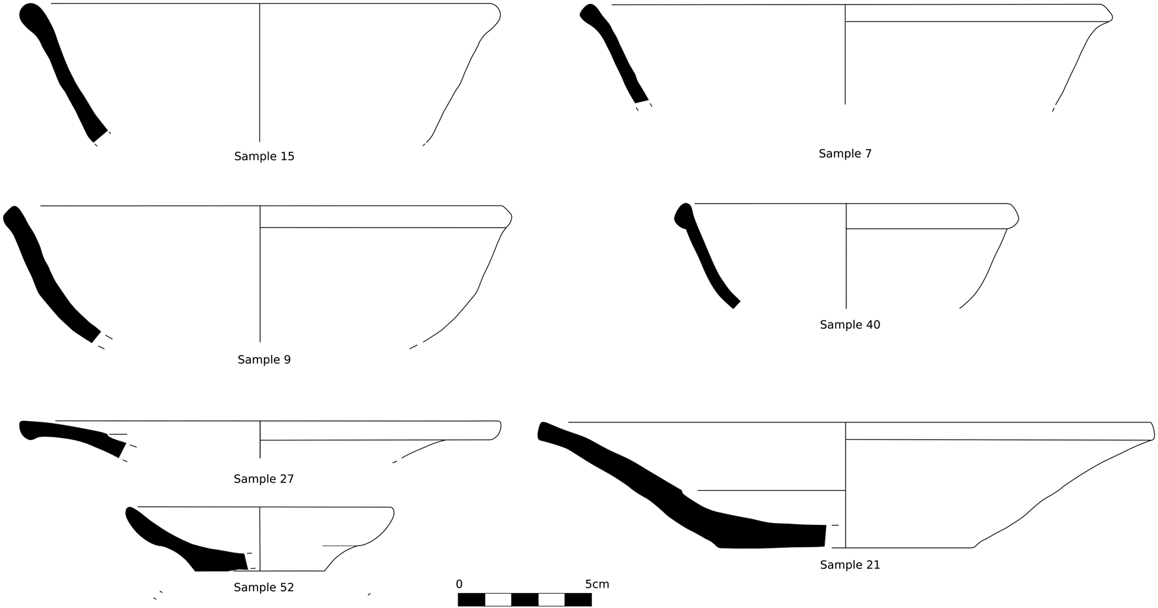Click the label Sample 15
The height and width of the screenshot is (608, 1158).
[x=264, y=156]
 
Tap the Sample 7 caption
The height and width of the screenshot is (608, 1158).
[x=845, y=154]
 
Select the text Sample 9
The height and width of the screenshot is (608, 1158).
[x=264, y=360]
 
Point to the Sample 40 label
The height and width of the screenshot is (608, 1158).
[x=850, y=325]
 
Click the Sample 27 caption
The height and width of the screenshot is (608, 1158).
[x=264, y=479]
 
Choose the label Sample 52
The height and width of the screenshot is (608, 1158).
[x=264, y=588]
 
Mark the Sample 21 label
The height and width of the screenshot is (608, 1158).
[x=850, y=565]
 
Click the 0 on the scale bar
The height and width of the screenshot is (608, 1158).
[x=459, y=584]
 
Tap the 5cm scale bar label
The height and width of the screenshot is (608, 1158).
[x=597, y=584]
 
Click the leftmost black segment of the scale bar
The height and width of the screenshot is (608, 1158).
[x=471, y=600]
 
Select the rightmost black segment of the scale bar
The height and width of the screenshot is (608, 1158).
[x=578, y=600]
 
